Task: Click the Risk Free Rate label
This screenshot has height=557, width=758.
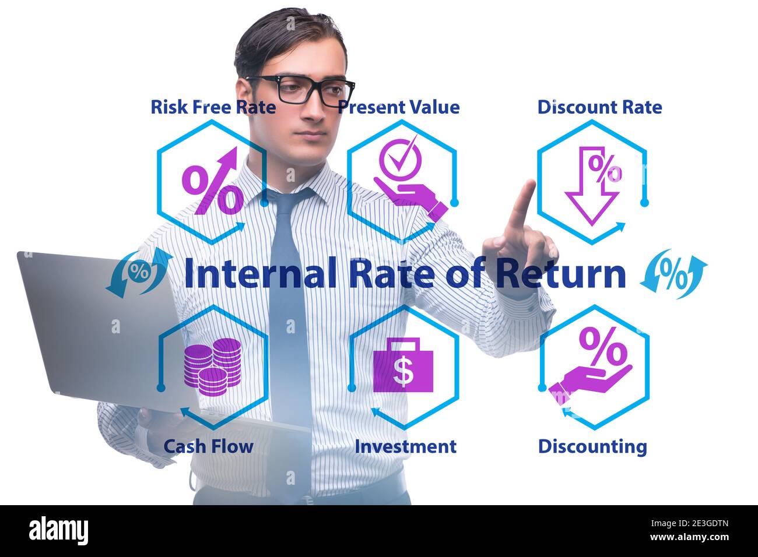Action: point(213,107)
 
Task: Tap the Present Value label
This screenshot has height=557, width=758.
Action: point(399,107)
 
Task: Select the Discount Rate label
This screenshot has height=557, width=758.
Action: point(599,107)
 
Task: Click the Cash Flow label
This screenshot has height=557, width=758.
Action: point(209,446)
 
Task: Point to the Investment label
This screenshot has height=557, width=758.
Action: point(406,446)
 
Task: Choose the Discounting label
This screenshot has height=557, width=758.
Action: point(592,447)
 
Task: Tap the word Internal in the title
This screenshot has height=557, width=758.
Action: point(260,273)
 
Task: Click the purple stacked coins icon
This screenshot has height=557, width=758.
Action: point(212,367)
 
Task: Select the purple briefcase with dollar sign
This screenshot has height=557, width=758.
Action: point(403,365)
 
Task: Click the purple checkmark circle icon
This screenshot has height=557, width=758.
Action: point(401,157)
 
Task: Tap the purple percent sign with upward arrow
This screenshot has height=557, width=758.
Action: point(213,181)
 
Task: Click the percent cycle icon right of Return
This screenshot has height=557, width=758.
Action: point(673,274)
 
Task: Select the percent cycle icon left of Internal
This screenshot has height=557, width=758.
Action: point(139,273)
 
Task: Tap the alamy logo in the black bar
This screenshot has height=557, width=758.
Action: point(58,531)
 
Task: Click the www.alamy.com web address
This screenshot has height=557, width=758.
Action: point(690,537)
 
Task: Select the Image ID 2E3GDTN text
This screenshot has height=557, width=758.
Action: point(690,523)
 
